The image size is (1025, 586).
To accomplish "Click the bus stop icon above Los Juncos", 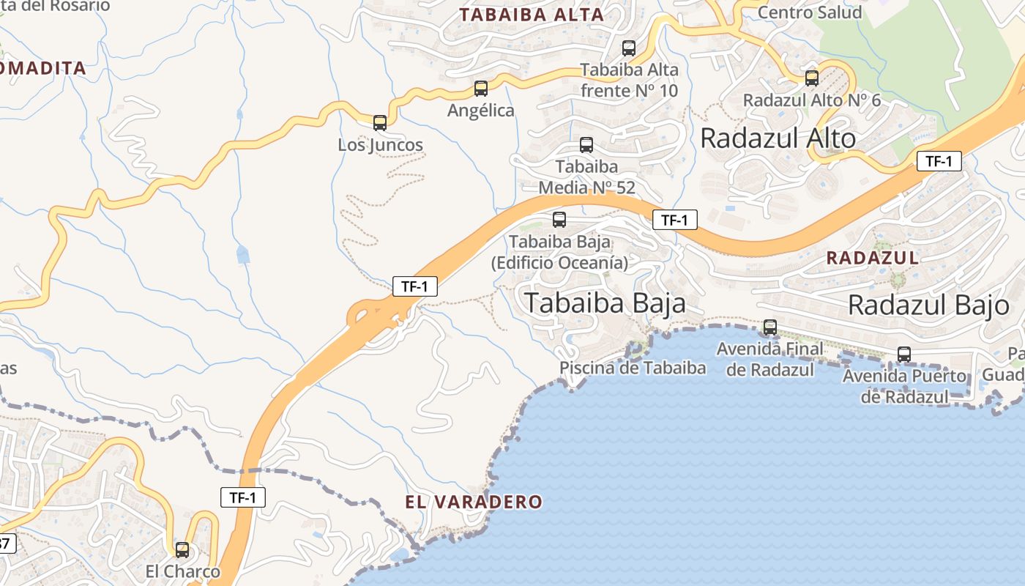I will (x=380, y=122).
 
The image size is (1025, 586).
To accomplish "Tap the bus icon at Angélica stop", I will (x=481, y=88).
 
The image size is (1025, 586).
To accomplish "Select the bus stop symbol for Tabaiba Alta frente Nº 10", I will (x=629, y=48).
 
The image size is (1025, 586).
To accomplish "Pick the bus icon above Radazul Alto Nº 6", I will (x=812, y=78).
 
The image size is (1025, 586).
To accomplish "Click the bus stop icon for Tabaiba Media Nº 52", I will (x=586, y=144).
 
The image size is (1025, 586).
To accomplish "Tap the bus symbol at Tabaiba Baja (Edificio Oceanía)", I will (x=559, y=219).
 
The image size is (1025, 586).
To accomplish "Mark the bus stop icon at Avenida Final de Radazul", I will (x=770, y=327).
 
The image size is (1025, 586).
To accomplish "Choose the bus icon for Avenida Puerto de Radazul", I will (x=904, y=355).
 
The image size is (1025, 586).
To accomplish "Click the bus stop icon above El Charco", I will (x=182, y=549).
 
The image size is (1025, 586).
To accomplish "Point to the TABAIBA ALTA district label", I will (x=532, y=15).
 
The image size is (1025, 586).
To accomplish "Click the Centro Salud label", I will (x=809, y=12).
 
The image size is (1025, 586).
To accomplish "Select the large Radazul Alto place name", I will (x=778, y=138).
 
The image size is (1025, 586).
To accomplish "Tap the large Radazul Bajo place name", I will (x=928, y=304).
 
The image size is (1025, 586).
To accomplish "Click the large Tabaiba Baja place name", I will (x=605, y=303).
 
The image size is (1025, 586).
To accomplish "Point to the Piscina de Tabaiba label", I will (x=633, y=368).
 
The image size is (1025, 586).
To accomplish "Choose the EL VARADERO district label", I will (x=474, y=502).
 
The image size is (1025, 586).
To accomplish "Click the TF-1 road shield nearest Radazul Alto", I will (x=939, y=161).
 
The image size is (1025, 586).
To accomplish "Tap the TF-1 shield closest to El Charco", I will (x=243, y=497).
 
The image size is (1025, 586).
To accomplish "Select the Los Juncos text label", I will (x=380, y=145).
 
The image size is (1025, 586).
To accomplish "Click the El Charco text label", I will (x=182, y=571).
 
